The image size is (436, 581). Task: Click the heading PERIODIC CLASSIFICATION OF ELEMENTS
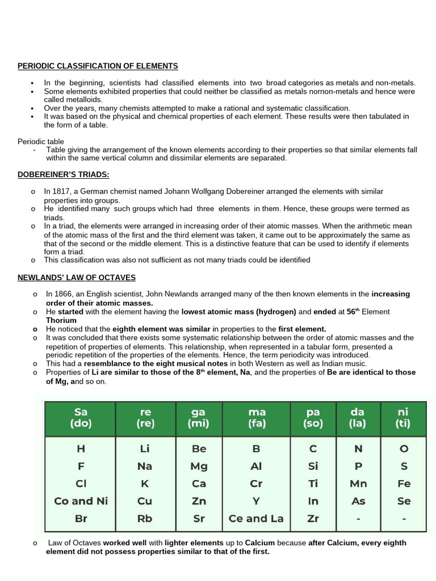click(x=98, y=66)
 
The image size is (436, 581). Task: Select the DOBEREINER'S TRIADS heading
click(x=63, y=175)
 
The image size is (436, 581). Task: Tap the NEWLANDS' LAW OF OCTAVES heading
click(x=77, y=277)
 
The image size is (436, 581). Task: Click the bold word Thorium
click(x=61, y=320)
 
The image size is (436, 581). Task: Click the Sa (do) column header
click(x=80, y=417)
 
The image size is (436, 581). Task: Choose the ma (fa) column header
click(x=256, y=417)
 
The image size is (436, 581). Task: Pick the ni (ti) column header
click(x=404, y=417)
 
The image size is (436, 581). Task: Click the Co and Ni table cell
click(x=81, y=501)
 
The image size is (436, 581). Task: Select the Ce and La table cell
click(x=256, y=519)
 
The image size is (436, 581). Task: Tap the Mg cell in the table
click(x=199, y=466)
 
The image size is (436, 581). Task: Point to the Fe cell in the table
click(x=404, y=484)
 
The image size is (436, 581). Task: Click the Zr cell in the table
click(x=313, y=519)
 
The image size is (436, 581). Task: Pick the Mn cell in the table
click(x=358, y=484)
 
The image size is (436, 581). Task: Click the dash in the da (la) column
click(x=358, y=519)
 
